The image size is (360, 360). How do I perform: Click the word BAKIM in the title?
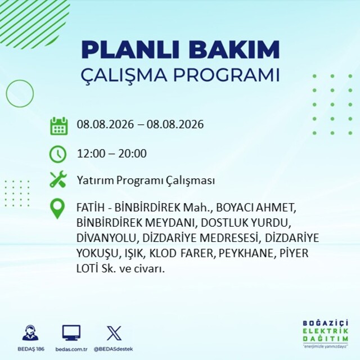[234, 49]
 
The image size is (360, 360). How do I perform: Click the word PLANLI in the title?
[130, 49]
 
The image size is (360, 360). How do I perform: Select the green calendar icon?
[59, 126]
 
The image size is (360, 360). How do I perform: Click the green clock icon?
[58, 154]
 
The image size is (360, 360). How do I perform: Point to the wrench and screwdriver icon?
[58, 179]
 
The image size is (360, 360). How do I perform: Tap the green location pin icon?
[57, 209]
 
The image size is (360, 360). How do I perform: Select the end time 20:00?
[132, 154]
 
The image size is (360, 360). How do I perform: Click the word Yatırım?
[95, 181]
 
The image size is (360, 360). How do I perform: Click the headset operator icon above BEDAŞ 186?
[30, 332]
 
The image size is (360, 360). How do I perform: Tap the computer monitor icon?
[71, 332]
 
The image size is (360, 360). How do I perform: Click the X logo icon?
[114, 333]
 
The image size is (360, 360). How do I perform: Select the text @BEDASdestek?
[113, 349]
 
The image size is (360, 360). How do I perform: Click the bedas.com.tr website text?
[71, 349]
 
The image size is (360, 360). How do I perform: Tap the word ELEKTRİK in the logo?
[325, 331]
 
